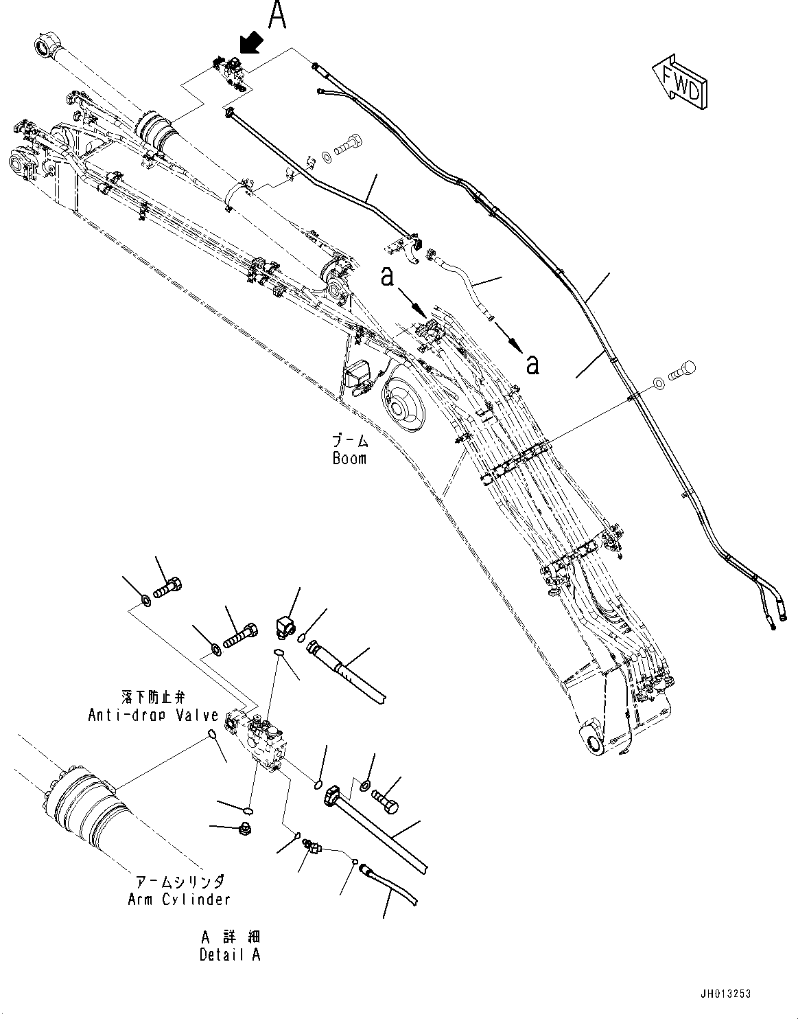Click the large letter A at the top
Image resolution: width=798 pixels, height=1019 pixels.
click(277, 15)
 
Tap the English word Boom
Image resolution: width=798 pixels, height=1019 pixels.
click(349, 459)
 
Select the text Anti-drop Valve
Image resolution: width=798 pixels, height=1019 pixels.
click(154, 715)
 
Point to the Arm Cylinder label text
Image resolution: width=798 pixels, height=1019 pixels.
click(179, 899)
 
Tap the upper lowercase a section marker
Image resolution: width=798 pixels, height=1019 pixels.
click(387, 277)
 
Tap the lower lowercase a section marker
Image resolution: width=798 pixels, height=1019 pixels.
click(532, 364)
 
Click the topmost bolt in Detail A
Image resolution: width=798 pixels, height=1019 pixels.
click(168, 588)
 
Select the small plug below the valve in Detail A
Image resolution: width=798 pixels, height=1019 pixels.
click(244, 829)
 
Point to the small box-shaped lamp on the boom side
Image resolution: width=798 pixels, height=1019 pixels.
click(357, 377)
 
